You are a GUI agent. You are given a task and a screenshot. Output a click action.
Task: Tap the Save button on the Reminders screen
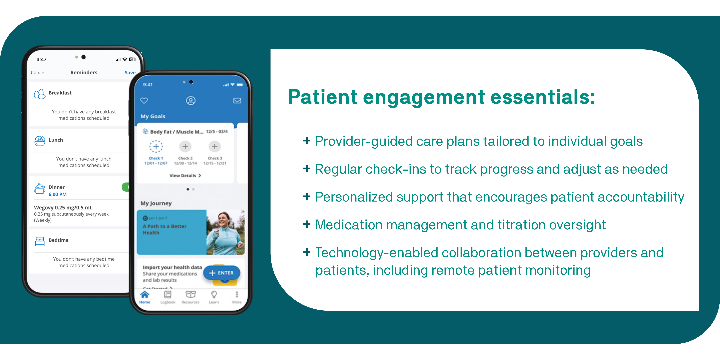130,73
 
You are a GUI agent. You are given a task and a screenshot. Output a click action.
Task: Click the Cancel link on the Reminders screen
38,73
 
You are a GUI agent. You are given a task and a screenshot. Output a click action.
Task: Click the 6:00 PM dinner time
58,194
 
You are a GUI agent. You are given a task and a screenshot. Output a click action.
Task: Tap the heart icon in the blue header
144,101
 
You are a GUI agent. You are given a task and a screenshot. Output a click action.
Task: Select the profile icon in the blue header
191,101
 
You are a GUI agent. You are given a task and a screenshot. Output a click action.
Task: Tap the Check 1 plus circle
156,146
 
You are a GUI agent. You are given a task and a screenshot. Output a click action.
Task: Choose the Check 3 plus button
215,146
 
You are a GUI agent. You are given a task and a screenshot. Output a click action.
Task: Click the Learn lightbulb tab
214,297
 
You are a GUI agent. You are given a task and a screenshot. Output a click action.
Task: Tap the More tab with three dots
237,297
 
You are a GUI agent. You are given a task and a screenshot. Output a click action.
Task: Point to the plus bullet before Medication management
307,224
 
